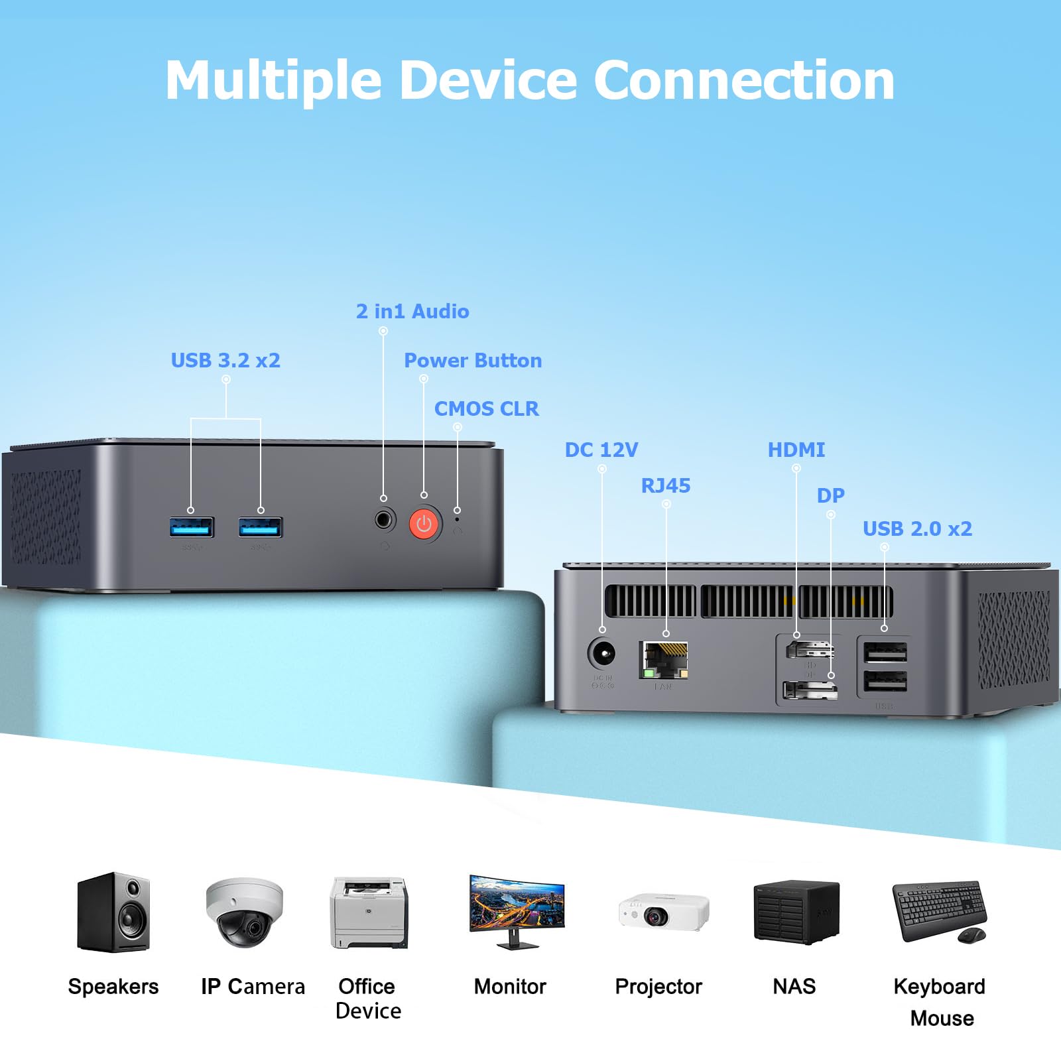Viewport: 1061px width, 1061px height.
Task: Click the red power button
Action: (x=424, y=525)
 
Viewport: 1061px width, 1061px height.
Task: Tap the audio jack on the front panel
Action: (x=384, y=519)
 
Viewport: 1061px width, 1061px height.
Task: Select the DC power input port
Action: (x=602, y=655)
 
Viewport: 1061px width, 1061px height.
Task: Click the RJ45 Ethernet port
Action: (x=664, y=660)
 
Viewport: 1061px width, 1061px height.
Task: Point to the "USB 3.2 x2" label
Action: (x=225, y=361)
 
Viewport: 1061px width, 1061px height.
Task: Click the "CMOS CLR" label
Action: (x=486, y=409)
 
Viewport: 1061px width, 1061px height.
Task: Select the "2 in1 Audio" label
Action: (x=412, y=312)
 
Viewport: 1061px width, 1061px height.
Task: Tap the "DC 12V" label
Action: (x=601, y=450)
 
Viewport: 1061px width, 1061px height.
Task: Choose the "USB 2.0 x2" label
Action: (x=917, y=529)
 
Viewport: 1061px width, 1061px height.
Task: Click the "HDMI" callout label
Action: (x=796, y=450)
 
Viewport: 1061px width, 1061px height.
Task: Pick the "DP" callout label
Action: (x=830, y=496)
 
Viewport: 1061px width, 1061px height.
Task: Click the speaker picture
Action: (x=113, y=912)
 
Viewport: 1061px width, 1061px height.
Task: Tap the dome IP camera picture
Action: (x=244, y=912)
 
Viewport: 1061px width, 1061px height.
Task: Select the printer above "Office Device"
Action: (x=369, y=913)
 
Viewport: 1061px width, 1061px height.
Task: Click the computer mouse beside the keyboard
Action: (x=971, y=935)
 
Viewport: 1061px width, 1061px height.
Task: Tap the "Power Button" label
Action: (x=473, y=361)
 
